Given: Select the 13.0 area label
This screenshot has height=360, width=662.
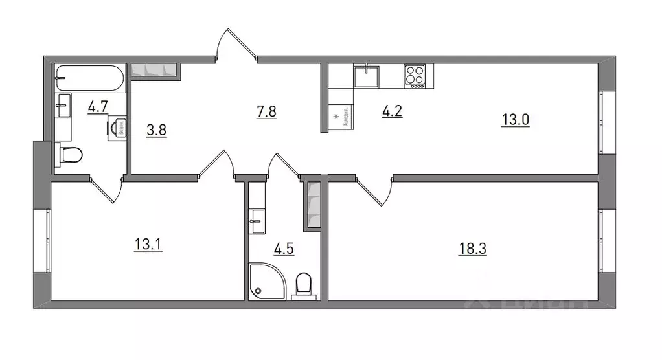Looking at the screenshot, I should (x=516, y=120).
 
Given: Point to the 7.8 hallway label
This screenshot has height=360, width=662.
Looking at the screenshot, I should (x=266, y=111).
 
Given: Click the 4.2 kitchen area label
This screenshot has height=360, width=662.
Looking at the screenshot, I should (x=393, y=110).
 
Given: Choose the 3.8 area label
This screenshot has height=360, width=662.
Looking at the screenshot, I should (x=157, y=129).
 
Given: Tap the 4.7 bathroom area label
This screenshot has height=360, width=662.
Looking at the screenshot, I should (x=97, y=106).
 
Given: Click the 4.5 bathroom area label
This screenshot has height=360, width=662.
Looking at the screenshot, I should (x=284, y=249).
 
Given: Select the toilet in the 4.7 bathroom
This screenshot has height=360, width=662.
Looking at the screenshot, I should (x=69, y=155).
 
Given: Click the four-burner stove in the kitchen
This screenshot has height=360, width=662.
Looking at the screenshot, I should (x=415, y=76).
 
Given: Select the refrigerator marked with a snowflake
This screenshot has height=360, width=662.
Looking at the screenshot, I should (x=340, y=118).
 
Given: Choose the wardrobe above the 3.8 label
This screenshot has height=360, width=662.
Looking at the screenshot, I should (x=155, y=69).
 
